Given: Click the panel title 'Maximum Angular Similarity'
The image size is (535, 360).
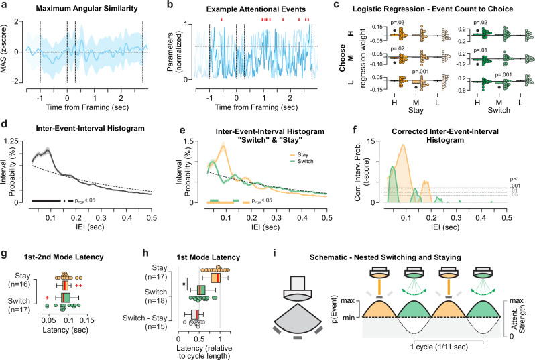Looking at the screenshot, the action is click(86, 8).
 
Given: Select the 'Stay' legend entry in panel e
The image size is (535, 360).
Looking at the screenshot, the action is click(302, 155).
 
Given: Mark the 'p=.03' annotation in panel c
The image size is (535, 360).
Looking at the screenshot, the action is click(398, 23).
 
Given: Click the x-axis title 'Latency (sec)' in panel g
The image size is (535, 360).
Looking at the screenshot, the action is click(65, 330).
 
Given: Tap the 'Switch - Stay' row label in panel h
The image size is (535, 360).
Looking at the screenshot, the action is click(145, 318).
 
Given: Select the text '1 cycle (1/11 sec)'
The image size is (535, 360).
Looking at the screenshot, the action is click(438, 347).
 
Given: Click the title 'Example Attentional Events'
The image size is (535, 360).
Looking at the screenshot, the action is click(256, 9).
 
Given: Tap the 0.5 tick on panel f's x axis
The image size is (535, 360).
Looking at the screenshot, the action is click(506, 217).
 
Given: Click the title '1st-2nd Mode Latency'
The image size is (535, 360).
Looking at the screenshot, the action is click(64, 257).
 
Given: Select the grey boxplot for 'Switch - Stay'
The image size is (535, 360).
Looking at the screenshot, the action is click(195, 314).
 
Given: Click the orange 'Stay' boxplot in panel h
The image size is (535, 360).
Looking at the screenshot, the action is click(216, 278).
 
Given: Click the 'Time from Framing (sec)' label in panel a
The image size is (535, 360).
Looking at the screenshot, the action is click(87, 107).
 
